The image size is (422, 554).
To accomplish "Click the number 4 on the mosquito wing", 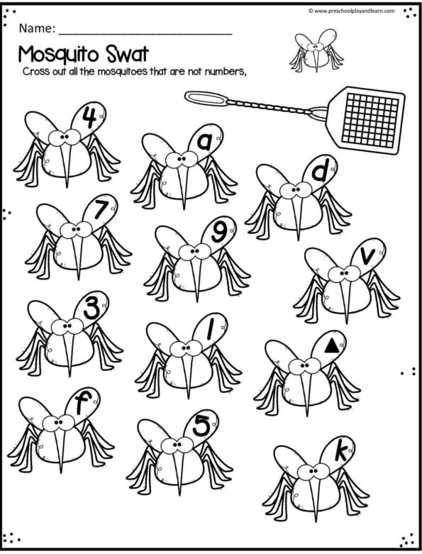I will [89, 117].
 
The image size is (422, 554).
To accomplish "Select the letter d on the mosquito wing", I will [320, 172].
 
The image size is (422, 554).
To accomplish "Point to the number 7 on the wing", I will [100, 211].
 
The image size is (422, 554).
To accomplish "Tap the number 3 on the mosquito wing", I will [91, 309].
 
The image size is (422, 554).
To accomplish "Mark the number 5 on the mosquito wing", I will [202, 426].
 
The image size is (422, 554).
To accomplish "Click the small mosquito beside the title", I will [315, 50].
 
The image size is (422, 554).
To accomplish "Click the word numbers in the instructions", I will [227, 73].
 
